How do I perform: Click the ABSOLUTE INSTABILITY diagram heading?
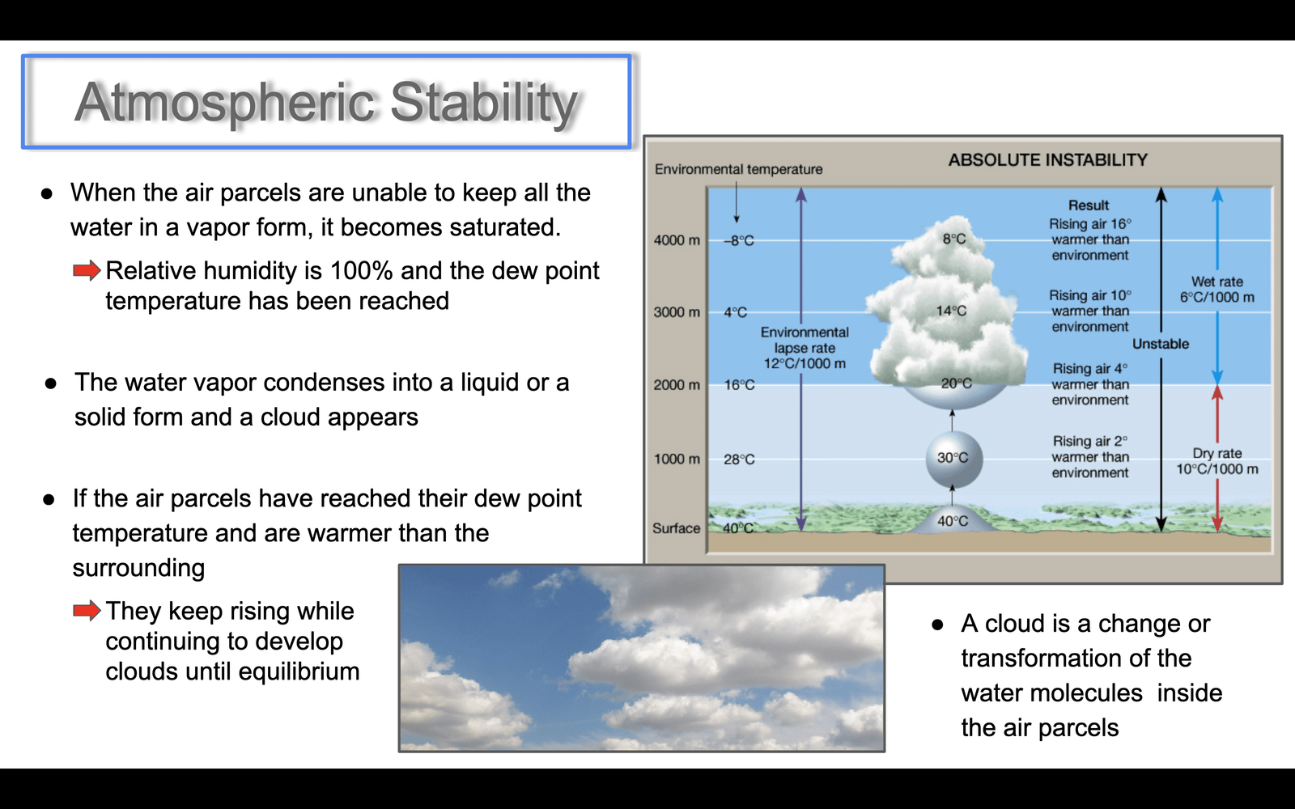point(1047,160)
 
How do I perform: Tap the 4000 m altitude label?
point(677,240)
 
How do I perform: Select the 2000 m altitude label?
point(677,385)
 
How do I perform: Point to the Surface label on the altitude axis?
point(676,528)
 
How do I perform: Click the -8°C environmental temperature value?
point(739,241)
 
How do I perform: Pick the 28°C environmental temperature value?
point(740,460)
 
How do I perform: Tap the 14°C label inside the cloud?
point(951,311)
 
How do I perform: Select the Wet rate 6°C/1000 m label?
point(1217,290)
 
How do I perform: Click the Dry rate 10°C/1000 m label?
point(1217,461)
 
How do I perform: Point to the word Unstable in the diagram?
point(1161,344)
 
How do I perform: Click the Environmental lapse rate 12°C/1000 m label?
point(805,348)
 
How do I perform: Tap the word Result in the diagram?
point(1089,205)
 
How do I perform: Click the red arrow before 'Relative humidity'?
point(87,270)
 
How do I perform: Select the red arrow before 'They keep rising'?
point(87,610)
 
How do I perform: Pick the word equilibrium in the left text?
point(299,672)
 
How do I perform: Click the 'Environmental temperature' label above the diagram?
point(738,169)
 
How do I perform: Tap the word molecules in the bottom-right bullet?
point(1085,693)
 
